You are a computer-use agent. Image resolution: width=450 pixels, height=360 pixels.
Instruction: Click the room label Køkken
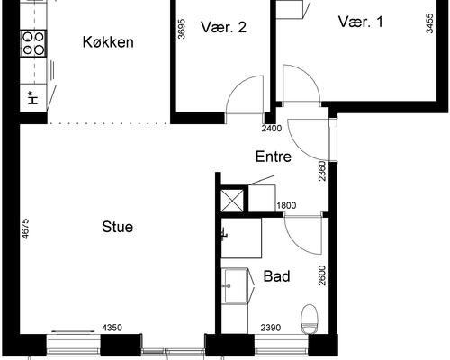(x=108, y=42)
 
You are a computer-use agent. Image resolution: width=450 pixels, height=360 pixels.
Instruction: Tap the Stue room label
(x=117, y=227)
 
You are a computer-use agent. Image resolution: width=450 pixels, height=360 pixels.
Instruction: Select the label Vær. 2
(x=224, y=27)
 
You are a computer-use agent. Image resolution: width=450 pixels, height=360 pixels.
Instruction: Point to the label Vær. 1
(x=361, y=21)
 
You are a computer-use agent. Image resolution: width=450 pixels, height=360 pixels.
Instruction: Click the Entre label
(x=274, y=157)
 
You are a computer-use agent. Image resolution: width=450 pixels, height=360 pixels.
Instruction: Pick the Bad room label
(x=276, y=276)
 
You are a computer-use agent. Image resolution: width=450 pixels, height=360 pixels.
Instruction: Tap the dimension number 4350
(x=112, y=328)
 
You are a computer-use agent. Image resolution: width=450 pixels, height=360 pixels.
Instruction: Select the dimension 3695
(x=182, y=30)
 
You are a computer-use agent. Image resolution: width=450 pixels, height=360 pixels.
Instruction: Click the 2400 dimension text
(x=272, y=129)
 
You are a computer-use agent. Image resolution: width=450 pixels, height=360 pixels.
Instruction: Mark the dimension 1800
(x=286, y=205)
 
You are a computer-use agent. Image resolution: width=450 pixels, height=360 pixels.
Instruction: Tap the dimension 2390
(x=272, y=328)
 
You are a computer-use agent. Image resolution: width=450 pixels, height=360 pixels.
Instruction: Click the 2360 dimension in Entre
(x=321, y=170)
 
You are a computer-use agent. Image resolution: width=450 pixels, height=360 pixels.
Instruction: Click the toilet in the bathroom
(x=310, y=316)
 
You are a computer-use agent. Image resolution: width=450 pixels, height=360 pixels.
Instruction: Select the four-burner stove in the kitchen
(x=33, y=40)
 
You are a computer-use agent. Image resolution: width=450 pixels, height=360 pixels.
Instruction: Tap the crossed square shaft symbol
(x=232, y=198)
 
